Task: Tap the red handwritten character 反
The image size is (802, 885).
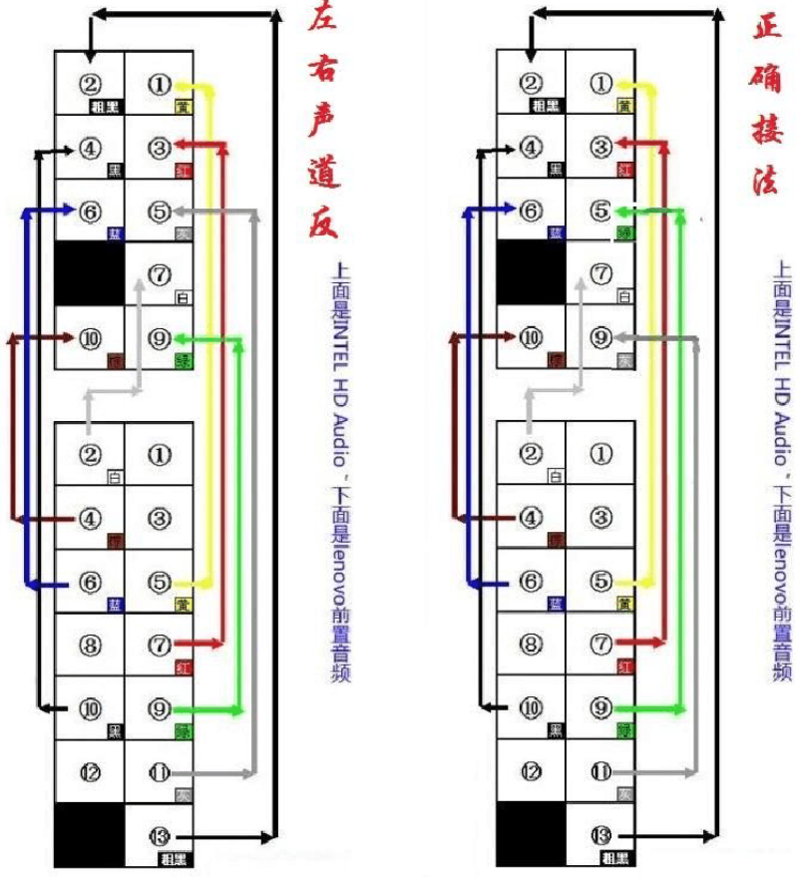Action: (321, 221)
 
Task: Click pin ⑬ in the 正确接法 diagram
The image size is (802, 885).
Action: (601, 834)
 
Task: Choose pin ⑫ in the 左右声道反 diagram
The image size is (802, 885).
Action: (90, 771)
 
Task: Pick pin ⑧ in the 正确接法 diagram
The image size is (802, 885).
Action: (532, 645)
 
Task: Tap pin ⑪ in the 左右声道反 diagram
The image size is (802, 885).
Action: (160, 771)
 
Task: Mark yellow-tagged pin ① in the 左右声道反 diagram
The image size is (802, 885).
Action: (160, 84)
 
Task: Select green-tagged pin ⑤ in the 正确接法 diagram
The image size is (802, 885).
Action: (601, 212)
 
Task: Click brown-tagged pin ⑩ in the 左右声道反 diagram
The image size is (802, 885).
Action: (90, 339)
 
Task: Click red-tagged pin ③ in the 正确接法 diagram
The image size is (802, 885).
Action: (601, 148)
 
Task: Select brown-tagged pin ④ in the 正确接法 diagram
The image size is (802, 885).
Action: (532, 518)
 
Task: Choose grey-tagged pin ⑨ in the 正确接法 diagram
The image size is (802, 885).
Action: (601, 338)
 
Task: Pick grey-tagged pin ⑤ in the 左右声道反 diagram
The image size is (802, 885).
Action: (160, 212)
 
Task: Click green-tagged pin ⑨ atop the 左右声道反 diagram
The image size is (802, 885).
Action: (160, 339)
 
